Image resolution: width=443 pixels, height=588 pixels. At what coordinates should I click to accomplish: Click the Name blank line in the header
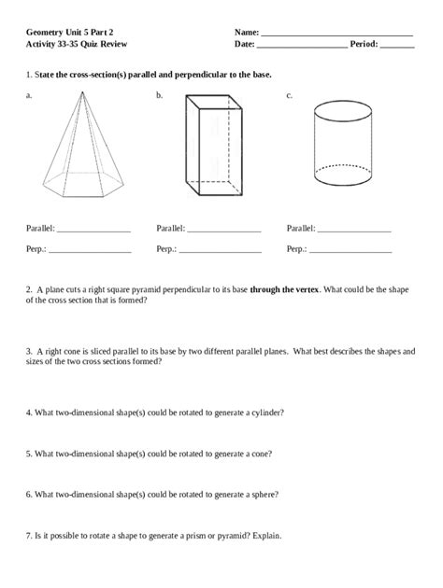[x=336, y=35]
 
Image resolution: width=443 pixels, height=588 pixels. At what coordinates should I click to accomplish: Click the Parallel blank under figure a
[x=93, y=230]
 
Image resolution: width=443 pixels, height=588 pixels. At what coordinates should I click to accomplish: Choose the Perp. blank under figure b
[x=220, y=251]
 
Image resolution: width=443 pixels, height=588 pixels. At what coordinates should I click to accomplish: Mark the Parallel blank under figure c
[x=353, y=230]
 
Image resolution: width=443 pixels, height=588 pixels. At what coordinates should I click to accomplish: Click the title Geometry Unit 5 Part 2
[x=70, y=32]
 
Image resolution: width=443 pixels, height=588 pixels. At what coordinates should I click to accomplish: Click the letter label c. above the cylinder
[x=290, y=95]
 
